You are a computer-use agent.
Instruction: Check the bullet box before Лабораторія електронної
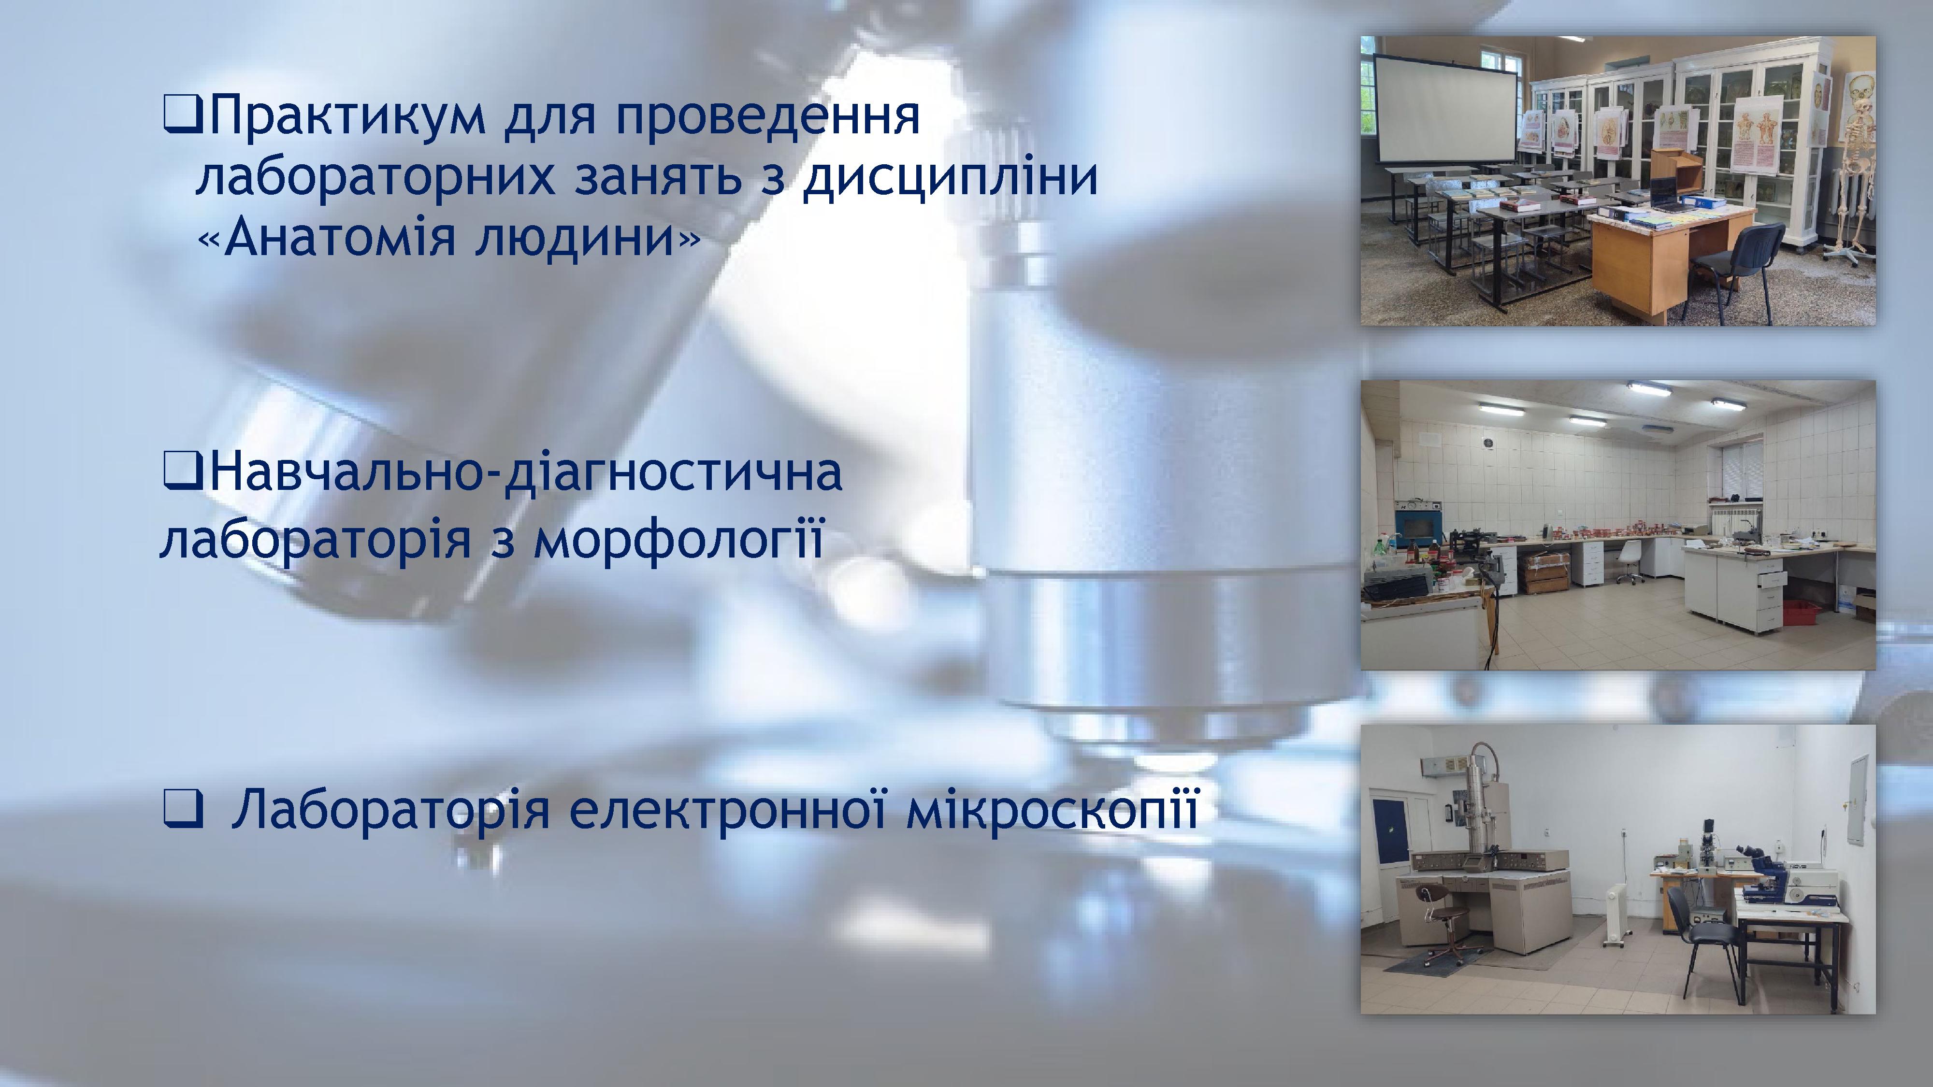click(x=182, y=811)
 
